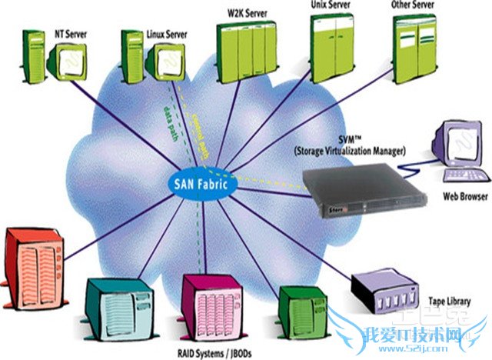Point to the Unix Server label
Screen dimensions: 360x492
[332, 5]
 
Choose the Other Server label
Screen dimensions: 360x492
[414, 5]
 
